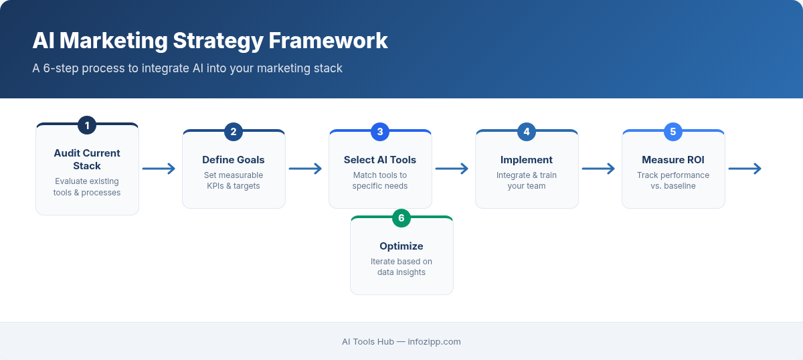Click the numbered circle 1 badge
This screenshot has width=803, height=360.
(x=87, y=125)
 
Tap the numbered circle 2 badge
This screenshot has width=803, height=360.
(x=234, y=132)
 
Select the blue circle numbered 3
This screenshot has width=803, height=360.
(x=380, y=132)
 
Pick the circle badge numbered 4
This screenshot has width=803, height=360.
(x=527, y=132)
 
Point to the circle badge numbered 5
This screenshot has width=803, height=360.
(x=673, y=132)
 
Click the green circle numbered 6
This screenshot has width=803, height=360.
(x=401, y=218)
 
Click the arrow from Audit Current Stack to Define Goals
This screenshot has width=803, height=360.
(x=159, y=169)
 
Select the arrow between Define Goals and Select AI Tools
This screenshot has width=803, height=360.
(x=306, y=169)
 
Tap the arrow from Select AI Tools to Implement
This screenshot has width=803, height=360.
(x=452, y=169)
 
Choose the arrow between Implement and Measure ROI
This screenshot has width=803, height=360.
(x=599, y=169)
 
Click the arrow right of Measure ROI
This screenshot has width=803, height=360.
(x=745, y=169)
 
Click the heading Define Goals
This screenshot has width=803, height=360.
(x=234, y=160)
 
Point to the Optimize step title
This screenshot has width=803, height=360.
(x=401, y=246)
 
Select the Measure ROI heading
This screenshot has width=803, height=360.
(x=673, y=160)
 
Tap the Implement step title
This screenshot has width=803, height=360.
(x=527, y=160)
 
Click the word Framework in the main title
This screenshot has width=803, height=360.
(x=328, y=41)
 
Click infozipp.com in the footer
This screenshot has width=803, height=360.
(x=434, y=341)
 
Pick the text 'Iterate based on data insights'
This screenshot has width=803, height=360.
(x=401, y=267)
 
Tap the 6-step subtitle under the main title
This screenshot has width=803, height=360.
(x=187, y=68)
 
